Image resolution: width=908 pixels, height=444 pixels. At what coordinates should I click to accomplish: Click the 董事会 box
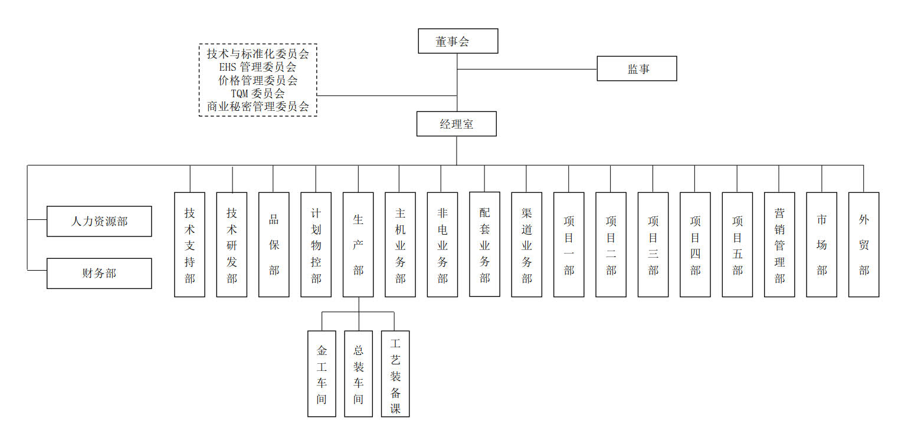click(x=458, y=41)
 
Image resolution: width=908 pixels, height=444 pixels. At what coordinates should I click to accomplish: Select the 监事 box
click(x=637, y=68)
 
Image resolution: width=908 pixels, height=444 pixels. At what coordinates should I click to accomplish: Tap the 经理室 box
click(x=456, y=124)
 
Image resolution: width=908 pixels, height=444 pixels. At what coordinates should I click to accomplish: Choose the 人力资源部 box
click(x=99, y=221)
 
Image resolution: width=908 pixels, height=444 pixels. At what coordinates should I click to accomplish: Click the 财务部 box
click(x=99, y=273)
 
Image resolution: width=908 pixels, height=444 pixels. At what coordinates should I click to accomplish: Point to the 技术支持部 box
click(x=189, y=244)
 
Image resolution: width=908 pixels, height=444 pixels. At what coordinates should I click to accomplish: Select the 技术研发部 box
click(x=232, y=244)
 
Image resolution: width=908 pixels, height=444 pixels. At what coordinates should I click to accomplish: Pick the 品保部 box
click(x=274, y=244)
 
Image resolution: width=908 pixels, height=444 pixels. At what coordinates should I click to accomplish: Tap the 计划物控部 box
click(x=316, y=244)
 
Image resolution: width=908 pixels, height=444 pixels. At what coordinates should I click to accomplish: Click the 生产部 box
click(x=358, y=244)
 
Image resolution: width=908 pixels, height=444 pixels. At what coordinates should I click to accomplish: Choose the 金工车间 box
click(x=322, y=374)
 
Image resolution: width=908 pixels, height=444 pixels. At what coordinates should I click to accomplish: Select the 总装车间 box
click(x=358, y=374)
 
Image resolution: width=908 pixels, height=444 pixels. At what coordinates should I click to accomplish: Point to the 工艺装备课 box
click(x=395, y=374)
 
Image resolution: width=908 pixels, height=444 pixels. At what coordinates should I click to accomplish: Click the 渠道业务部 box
click(x=526, y=244)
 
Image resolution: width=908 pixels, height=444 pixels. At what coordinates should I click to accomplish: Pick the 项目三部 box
click(x=653, y=244)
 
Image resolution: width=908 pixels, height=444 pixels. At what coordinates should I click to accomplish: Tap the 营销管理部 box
click(x=779, y=244)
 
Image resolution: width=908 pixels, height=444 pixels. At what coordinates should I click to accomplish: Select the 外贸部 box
click(x=864, y=244)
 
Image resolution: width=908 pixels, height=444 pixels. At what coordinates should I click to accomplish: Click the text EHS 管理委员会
click(x=258, y=67)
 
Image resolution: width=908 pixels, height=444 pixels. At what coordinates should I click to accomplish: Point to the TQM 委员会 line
click(x=258, y=93)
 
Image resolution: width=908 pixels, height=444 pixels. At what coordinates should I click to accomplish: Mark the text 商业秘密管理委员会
click(x=258, y=107)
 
